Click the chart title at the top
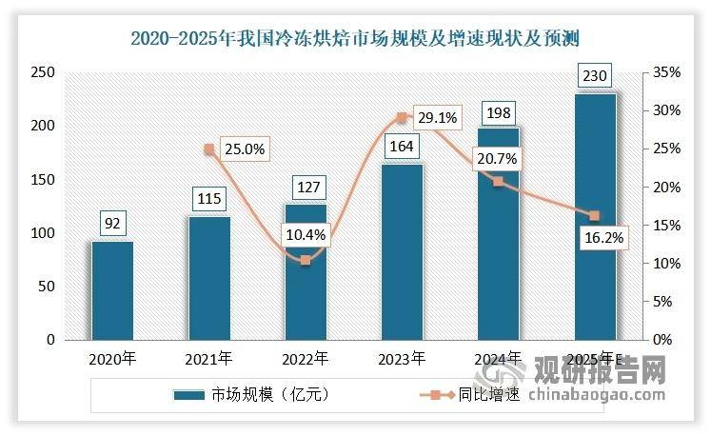click(x=355, y=38)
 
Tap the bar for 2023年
click(x=402, y=252)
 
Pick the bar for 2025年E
click(x=595, y=217)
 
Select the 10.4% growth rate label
click(x=304, y=233)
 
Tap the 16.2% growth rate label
click(x=602, y=239)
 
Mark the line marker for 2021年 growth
click(x=208, y=149)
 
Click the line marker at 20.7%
click(x=498, y=181)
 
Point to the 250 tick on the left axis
click(x=44, y=73)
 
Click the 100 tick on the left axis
click(x=44, y=233)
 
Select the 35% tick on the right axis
click(x=662, y=73)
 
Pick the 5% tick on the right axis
click(x=660, y=302)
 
